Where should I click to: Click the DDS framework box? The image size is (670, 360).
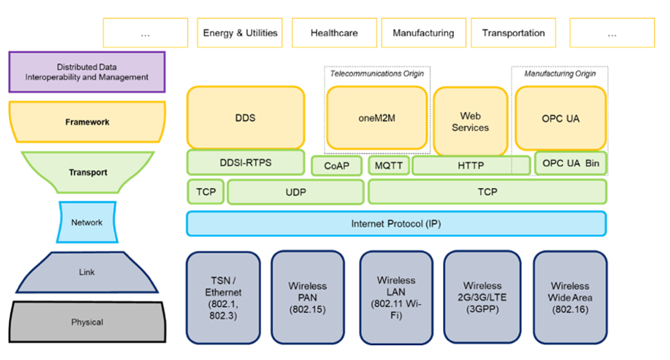click(245, 117)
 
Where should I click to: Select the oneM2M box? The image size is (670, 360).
click(377, 117)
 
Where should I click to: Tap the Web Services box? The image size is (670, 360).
click(470, 121)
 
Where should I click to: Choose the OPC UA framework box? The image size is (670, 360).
click(560, 117)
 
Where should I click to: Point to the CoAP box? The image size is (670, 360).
click(337, 166)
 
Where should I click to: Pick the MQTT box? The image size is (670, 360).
click(388, 166)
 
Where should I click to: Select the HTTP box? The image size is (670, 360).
click(471, 166)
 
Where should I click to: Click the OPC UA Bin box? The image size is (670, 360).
click(570, 163)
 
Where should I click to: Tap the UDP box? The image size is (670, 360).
click(295, 192)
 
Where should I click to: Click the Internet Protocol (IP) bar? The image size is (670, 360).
click(396, 223)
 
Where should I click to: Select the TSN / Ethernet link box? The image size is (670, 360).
click(223, 298)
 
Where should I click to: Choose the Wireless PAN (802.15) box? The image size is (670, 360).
click(307, 298)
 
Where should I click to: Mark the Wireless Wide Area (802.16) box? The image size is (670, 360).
click(570, 298)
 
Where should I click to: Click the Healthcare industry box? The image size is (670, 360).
click(334, 33)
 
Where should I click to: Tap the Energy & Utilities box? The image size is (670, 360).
click(240, 33)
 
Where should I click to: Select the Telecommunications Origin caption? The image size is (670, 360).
click(377, 74)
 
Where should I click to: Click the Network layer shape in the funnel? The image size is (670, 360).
click(86, 222)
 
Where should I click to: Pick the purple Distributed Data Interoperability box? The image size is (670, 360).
click(87, 72)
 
